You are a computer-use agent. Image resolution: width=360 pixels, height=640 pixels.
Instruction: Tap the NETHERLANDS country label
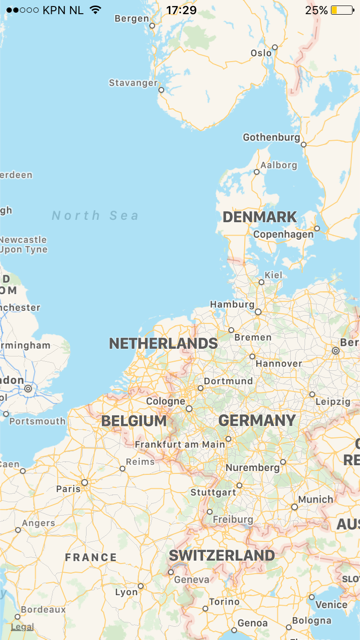(x=163, y=343)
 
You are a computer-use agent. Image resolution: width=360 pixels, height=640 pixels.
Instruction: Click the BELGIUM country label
(x=134, y=421)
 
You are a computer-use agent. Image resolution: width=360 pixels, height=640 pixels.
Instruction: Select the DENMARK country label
(x=259, y=217)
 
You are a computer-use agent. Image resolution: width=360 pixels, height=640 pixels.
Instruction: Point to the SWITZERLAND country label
(x=221, y=555)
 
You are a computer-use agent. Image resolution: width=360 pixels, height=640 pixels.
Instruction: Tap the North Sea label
(x=95, y=215)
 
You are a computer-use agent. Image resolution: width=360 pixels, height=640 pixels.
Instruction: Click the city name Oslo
(x=262, y=52)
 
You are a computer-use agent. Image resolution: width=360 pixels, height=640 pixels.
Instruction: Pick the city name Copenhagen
(x=283, y=234)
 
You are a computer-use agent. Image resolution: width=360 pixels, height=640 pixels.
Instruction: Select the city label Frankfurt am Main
(x=180, y=444)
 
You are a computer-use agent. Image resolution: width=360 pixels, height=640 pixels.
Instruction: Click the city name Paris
(x=68, y=488)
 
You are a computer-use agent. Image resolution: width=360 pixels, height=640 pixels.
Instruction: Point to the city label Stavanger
(x=133, y=83)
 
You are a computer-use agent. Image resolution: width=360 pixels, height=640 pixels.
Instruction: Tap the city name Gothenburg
(x=271, y=137)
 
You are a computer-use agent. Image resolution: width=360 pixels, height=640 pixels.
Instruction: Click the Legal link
(x=22, y=626)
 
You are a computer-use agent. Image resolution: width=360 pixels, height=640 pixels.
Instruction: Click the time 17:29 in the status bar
(x=180, y=10)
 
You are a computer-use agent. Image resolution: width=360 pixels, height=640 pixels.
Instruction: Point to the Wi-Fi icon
(x=95, y=10)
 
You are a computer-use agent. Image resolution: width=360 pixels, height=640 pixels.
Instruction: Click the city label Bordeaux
(x=43, y=609)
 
